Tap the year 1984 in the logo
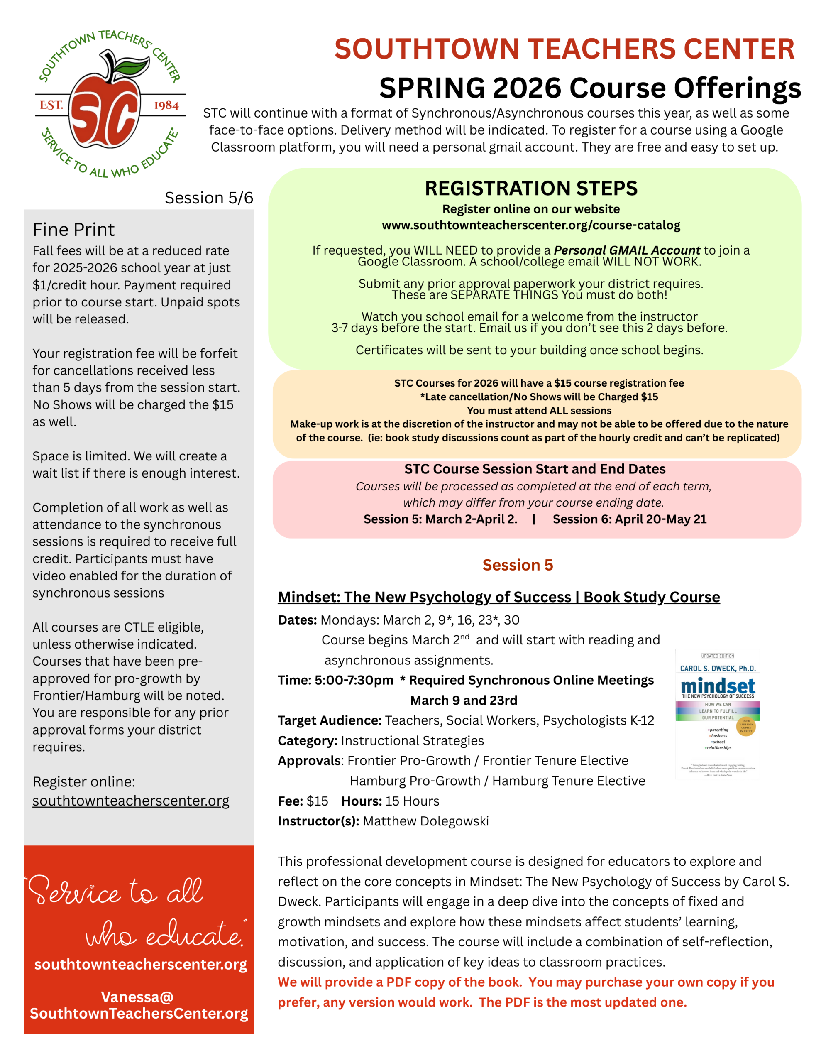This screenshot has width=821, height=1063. point(166,105)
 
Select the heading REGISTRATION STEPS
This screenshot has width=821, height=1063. point(531,189)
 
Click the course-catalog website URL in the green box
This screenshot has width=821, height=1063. point(531,225)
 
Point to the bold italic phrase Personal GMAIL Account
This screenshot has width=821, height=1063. point(627,250)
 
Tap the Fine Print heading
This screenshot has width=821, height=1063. point(73,230)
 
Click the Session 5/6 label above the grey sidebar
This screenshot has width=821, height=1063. point(209,198)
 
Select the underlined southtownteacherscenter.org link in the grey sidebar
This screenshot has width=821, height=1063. point(130,801)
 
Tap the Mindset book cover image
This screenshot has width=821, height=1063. point(717,713)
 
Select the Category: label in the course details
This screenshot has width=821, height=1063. point(308,741)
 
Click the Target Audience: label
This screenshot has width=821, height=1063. point(330,720)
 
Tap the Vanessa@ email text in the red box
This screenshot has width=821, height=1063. point(138,997)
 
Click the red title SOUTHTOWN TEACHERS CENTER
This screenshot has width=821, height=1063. point(564,49)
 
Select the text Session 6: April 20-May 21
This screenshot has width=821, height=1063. point(629,519)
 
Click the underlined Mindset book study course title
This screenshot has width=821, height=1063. point(499,597)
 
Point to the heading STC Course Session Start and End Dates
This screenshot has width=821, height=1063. point(535,469)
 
